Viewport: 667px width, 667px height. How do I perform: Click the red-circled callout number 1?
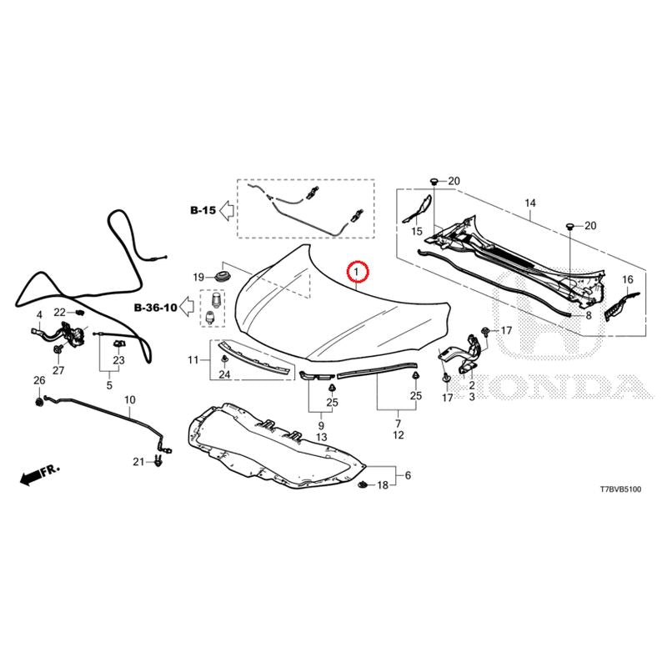358,270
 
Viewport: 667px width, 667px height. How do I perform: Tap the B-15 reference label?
203,210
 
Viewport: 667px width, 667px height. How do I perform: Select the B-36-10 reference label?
156,307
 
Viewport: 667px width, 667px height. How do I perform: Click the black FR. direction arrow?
40,474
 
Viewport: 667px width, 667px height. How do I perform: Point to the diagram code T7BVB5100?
620,489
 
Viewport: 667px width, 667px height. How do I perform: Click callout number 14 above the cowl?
530,203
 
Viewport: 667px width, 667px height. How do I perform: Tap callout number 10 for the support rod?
130,400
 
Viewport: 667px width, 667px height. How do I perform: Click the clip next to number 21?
158,461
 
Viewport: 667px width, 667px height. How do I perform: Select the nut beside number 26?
38,401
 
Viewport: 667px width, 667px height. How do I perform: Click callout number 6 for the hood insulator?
408,475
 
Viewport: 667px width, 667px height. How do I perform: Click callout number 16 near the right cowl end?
628,279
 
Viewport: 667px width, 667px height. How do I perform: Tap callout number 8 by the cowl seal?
589,316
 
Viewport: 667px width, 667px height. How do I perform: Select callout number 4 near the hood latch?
39,315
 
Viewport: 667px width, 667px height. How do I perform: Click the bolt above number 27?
57,349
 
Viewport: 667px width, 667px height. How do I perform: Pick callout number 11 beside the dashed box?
193,360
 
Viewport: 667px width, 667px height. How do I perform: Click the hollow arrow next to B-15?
227,210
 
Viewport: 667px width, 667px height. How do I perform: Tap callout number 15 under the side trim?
417,232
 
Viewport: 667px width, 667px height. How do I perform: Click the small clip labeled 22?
79,313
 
